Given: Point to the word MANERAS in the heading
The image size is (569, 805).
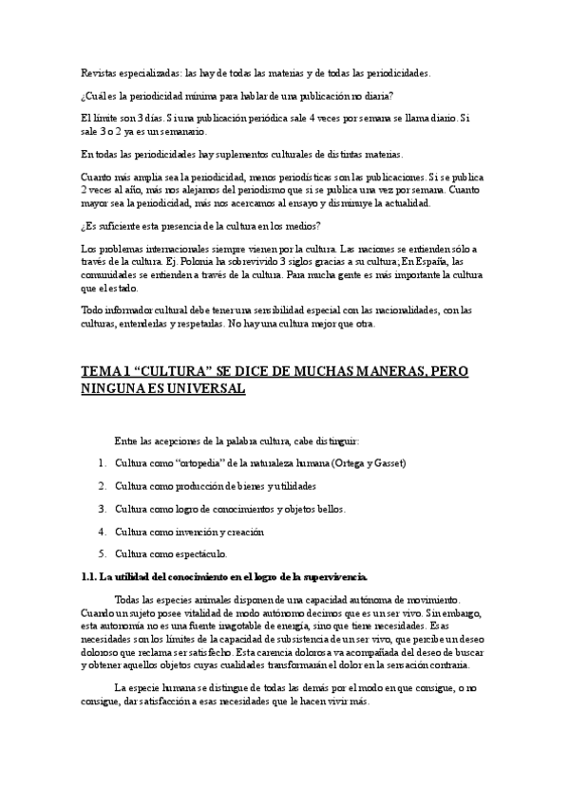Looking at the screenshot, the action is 360,369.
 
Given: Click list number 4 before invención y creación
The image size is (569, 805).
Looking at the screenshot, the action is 101,532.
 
